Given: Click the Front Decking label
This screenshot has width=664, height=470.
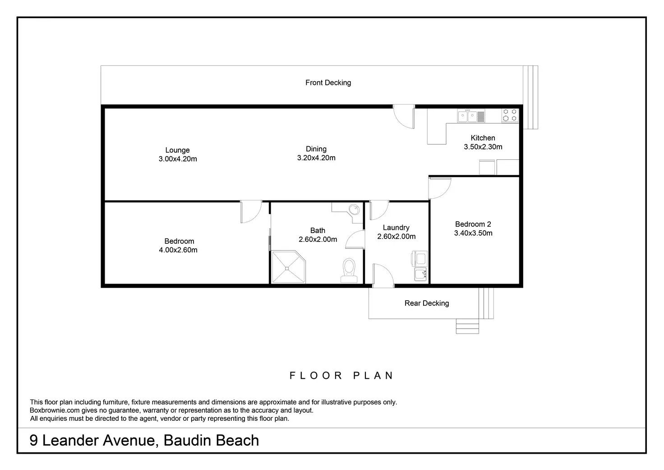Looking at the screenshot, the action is (x=328, y=83).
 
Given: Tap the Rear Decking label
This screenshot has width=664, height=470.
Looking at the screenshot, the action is (x=427, y=303).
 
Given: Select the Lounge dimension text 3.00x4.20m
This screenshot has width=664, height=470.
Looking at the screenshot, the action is (x=178, y=159).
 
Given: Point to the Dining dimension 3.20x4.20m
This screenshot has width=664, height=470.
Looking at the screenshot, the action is (x=316, y=158).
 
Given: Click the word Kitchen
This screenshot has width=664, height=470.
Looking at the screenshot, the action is (x=483, y=138).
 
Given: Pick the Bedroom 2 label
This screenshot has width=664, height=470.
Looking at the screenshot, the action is (x=473, y=224).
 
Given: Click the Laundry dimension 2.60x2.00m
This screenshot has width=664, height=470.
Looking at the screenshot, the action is (x=397, y=237).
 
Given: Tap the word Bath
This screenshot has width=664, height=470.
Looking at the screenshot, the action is (x=318, y=231).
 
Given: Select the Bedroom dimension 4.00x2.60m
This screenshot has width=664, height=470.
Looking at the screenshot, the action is (x=178, y=250).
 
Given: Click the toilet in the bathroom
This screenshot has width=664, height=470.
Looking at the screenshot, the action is (x=349, y=270).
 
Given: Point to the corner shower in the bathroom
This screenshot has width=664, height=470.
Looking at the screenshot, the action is (x=288, y=267).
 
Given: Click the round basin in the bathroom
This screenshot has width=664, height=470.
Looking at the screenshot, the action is (x=354, y=209).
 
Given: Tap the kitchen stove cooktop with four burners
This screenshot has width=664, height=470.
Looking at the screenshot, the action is (x=510, y=116).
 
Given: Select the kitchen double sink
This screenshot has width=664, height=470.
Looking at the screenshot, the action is (x=471, y=116).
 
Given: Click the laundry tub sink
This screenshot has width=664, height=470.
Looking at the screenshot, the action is (x=420, y=274).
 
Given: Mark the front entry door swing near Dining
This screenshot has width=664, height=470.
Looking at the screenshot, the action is (x=404, y=116).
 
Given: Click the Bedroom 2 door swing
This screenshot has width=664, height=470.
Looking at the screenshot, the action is (x=440, y=188).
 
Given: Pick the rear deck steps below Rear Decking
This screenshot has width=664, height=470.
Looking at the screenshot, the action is (x=467, y=326).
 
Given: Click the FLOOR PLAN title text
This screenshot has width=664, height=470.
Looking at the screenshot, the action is (x=341, y=376).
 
